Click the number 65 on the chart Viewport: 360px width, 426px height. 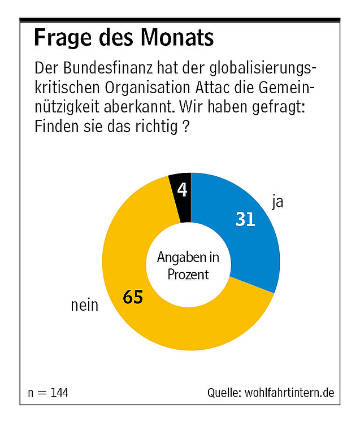point(133,297)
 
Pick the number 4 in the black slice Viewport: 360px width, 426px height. point(182,190)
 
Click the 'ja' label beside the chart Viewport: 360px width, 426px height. point(277,202)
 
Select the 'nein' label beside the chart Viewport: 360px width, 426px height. point(84,306)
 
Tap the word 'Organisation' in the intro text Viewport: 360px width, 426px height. point(157,88)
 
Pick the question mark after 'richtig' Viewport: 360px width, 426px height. point(185,127)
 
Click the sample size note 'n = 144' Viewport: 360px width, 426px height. point(48,392)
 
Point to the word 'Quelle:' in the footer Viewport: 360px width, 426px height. point(224,392)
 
